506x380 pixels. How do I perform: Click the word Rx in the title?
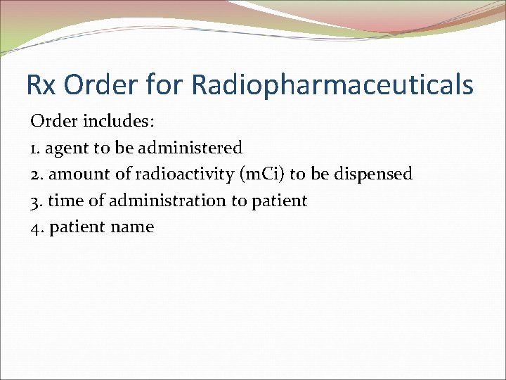[x=39, y=85]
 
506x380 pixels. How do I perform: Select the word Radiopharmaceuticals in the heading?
[x=332, y=85]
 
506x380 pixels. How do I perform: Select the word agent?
[x=68, y=148]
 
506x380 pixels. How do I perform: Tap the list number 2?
[x=36, y=174]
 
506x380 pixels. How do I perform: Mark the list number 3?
[x=36, y=201]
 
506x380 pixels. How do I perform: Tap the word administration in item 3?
[x=160, y=201]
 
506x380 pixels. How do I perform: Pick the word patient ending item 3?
[x=279, y=201]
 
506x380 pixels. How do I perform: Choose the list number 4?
[x=37, y=227]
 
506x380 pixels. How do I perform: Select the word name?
[x=132, y=227]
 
